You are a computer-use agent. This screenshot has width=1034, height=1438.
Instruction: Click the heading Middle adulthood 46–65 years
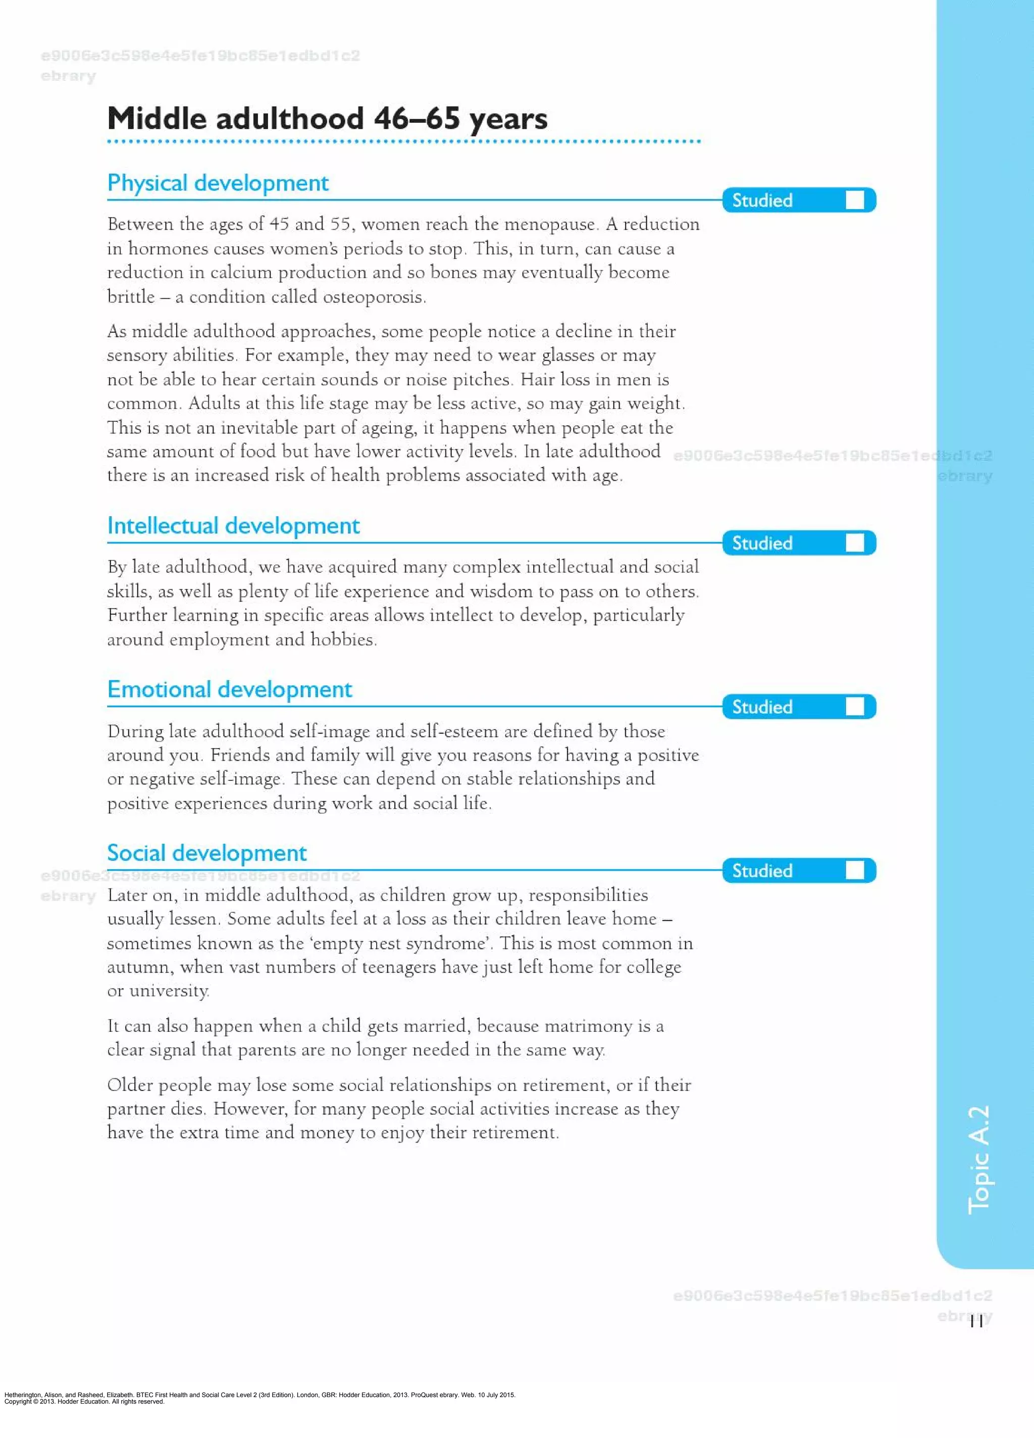click(x=327, y=119)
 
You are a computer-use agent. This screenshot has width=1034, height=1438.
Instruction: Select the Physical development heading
click(x=218, y=183)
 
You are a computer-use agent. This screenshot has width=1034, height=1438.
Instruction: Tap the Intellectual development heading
click(x=233, y=526)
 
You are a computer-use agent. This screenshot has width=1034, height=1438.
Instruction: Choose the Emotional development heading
click(x=229, y=689)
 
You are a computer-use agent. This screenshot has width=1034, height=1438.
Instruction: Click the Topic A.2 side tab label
click(x=979, y=1160)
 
